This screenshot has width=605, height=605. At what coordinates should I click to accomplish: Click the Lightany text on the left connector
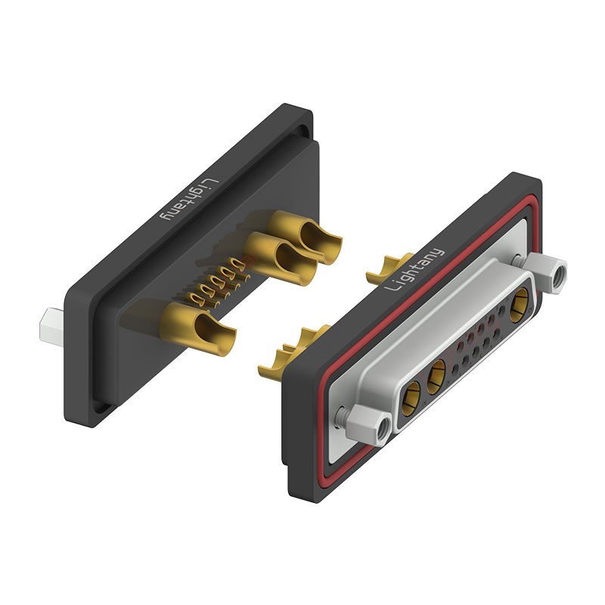click(x=190, y=199)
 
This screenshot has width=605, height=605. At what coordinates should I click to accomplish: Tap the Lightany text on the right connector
click(x=415, y=269)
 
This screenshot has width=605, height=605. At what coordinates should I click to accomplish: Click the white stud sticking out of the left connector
click(x=51, y=327)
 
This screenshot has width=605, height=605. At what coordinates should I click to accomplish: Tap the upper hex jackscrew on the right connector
click(x=546, y=272)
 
